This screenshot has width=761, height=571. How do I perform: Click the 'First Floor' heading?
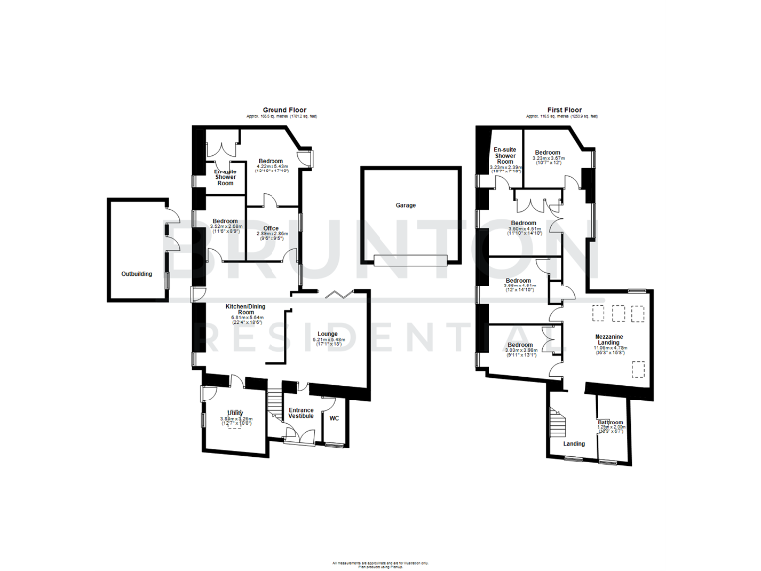[x=565, y=109]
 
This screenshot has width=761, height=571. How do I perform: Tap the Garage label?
[x=406, y=205]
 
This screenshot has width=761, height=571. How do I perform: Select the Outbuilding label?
[x=137, y=273]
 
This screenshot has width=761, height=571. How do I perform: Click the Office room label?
[x=271, y=232]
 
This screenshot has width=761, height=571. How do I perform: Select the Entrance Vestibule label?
[x=301, y=413]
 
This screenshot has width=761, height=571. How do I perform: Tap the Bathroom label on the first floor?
[x=611, y=424]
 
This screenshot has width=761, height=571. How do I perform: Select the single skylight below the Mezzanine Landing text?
[x=639, y=372]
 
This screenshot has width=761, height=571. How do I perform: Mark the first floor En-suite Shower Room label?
[x=507, y=159]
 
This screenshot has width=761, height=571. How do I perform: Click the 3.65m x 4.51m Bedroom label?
[x=521, y=285]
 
